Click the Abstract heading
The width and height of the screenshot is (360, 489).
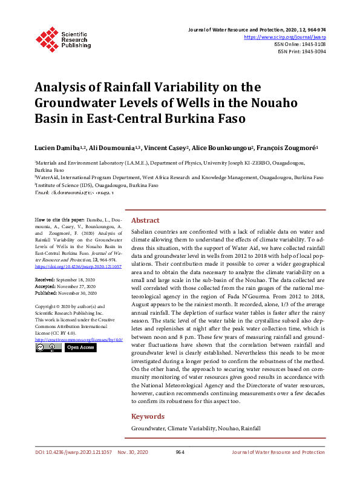pos(145,221)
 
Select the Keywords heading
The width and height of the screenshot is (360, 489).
pos(148,416)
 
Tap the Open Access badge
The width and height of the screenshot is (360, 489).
pos(80,348)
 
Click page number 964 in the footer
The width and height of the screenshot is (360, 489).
pos(180,452)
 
